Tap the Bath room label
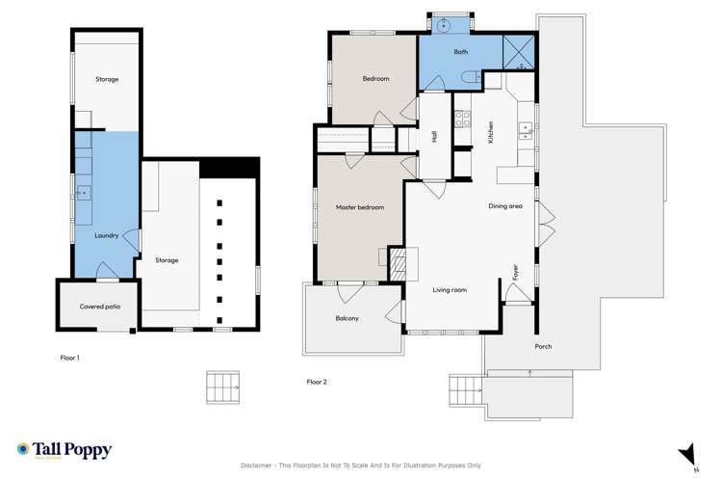pyautogui.click(x=460, y=51)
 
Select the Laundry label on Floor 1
pyautogui.click(x=107, y=235)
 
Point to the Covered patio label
pyautogui.click(x=98, y=307)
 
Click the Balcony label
pyautogui.click(x=348, y=318)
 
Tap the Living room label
pyautogui.click(x=450, y=289)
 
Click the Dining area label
pyautogui.click(x=505, y=206)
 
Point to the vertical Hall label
pyautogui.click(x=434, y=137)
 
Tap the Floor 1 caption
pyautogui.click(x=69, y=358)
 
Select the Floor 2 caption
pyautogui.click(x=317, y=382)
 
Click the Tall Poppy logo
pyautogui.click(x=64, y=450)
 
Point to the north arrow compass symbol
pyautogui.click(x=686, y=454)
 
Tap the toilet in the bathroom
pyautogui.click(x=467, y=77)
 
